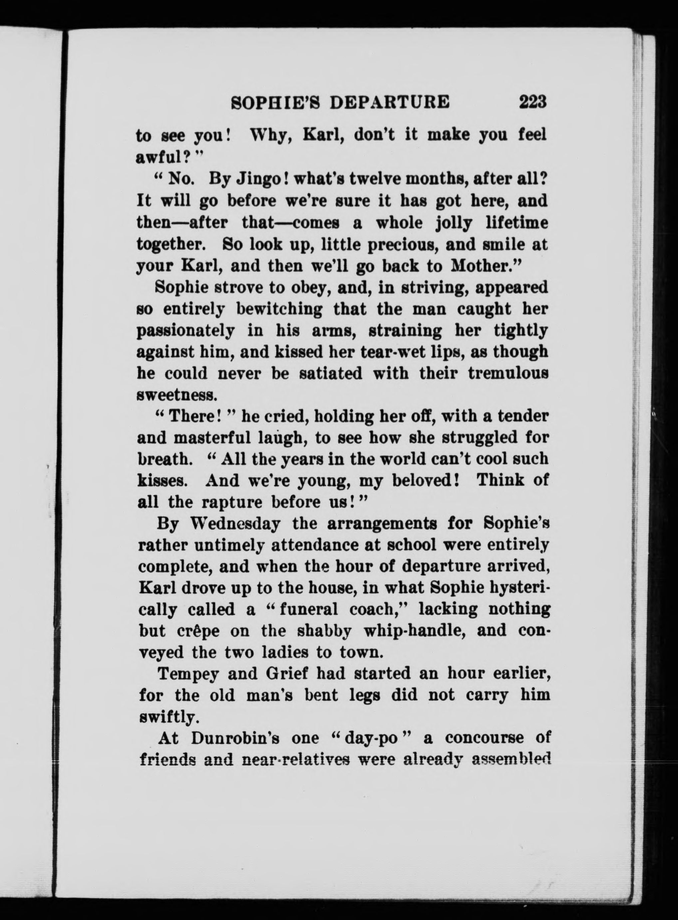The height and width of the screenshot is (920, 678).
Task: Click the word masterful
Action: (x=212, y=438)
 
